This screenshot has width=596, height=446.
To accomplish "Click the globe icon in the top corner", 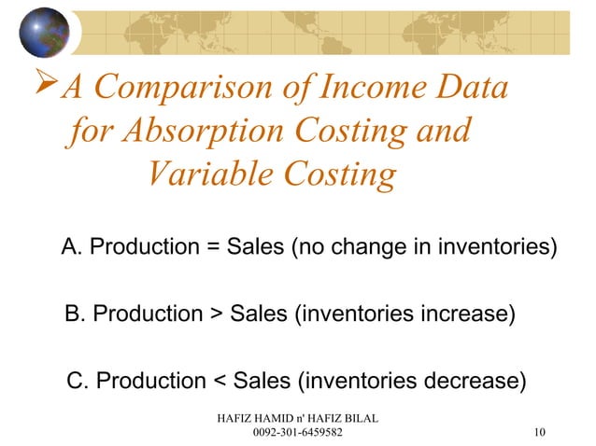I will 44,32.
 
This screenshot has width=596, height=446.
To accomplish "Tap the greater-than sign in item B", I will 214,314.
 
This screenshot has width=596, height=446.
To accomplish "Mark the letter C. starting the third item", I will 79,381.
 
